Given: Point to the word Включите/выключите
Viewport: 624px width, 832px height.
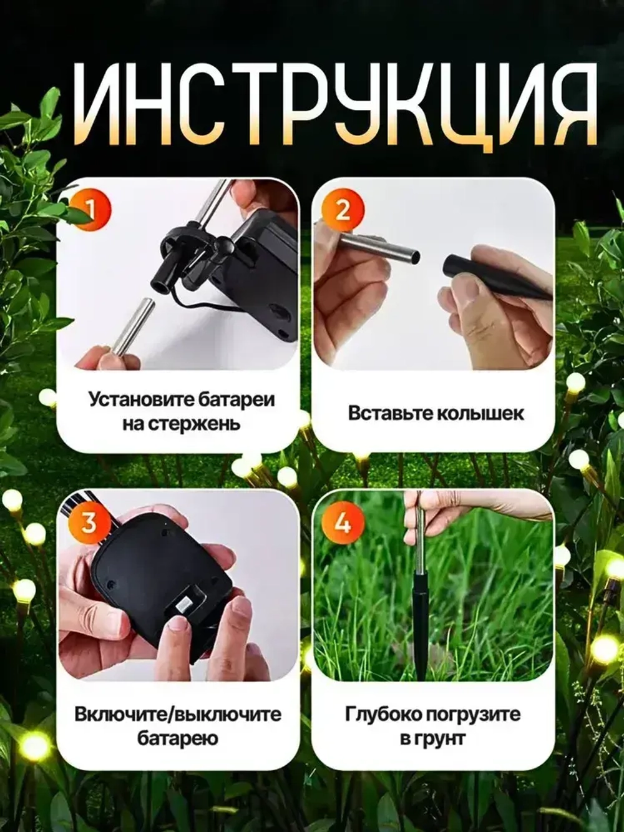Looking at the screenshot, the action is click(177, 715).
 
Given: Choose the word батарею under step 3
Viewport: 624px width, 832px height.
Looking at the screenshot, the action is click(177, 738).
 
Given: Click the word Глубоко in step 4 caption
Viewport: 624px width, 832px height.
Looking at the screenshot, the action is click(382, 715).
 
